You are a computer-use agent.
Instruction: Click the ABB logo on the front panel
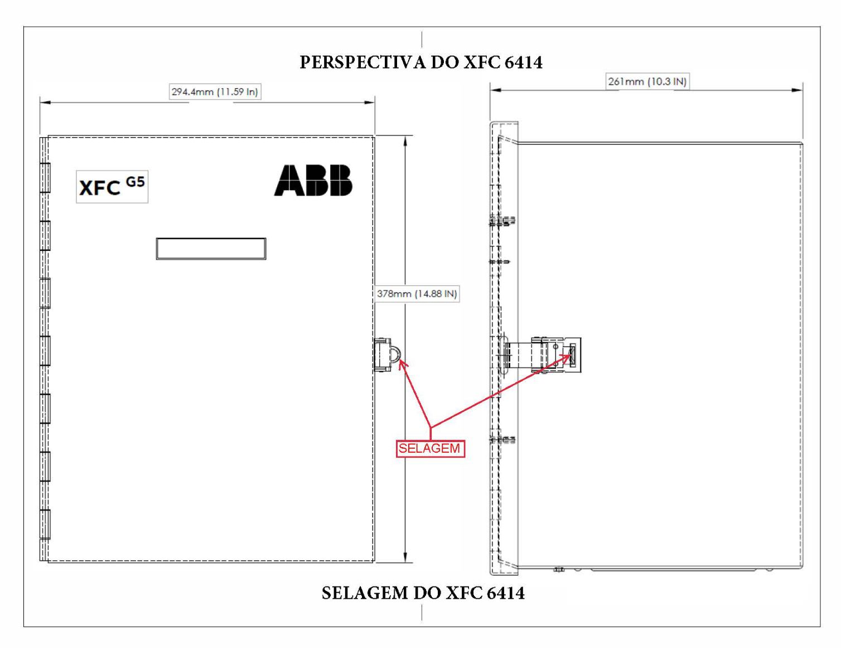(313, 180)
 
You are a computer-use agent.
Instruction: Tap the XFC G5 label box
(112, 186)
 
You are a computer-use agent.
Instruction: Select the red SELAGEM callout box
(431, 449)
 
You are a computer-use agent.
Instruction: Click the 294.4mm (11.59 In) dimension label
(215, 91)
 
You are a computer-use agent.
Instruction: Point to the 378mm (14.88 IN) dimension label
(417, 294)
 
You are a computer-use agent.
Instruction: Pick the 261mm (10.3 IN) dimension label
(647, 81)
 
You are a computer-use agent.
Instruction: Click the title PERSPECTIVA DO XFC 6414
(421, 62)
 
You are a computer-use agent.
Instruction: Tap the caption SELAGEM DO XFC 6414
(423, 593)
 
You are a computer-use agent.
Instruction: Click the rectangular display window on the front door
(211, 249)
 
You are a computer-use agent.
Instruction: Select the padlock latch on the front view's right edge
(386, 355)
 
